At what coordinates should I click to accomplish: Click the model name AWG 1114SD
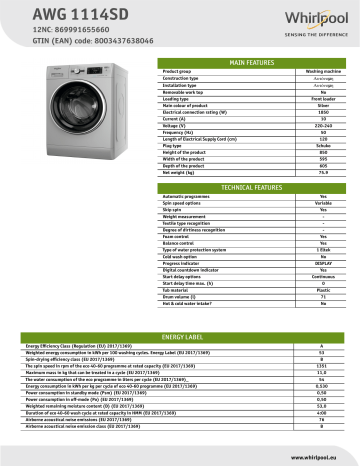(45, 13)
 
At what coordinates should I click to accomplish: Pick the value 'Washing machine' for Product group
(323, 72)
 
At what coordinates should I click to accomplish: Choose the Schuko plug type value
(323, 143)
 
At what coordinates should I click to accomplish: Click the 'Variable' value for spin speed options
(323, 203)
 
